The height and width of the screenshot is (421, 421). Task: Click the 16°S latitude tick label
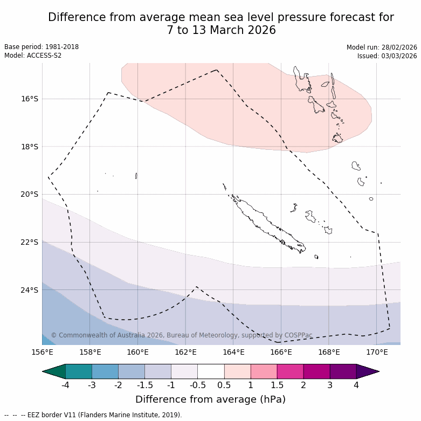pyautogui.click(x=30, y=99)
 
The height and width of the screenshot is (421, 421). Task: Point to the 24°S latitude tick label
pyautogui.click(x=30, y=290)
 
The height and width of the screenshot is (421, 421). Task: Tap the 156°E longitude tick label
pyautogui.click(x=42, y=352)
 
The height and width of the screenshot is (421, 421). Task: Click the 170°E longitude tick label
pyautogui.click(x=377, y=352)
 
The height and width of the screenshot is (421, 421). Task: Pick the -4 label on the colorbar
pyautogui.click(x=65, y=385)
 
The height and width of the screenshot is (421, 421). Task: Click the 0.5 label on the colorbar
pyautogui.click(x=224, y=385)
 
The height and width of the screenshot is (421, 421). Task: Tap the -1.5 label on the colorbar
pyautogui.click(x=144, y=385)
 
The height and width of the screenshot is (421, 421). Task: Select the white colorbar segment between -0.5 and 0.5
pyautogui.click(x=211, y=371)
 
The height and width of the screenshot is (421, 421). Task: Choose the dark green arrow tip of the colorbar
pyautogui.click(x=52, y=371)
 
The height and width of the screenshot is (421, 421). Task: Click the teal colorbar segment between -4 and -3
pyautogui.click(x=79, y=371)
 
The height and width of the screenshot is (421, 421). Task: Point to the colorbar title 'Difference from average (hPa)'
pyautogui.click(x=210, y=399)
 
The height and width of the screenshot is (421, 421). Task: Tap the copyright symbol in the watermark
pyautogui.click(x=54, y=335)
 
